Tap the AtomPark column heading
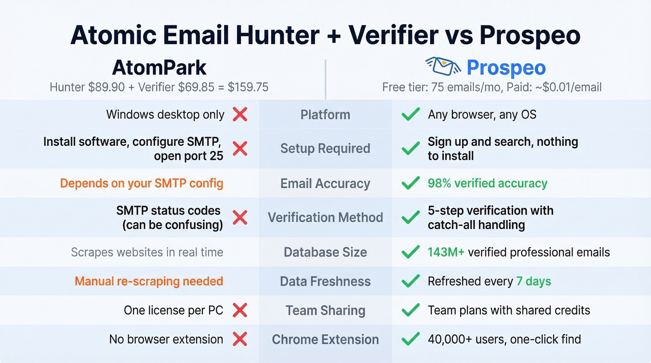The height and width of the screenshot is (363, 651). point(159,68)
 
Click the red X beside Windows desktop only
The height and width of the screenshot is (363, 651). point(239,114)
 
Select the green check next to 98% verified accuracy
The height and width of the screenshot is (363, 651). point(411,183)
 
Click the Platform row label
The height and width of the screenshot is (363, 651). point(325,114)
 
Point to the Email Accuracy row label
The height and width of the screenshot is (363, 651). point(325,184)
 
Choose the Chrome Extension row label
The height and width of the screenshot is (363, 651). point(325,339)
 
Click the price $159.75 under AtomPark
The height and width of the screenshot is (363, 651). point(248,87)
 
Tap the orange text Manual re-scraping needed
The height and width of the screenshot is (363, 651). point(149,281)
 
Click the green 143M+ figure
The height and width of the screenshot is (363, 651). point(446,252)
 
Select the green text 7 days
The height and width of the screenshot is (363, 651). point(533,281)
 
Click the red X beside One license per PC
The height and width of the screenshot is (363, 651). point(239,310)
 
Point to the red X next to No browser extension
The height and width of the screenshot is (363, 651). point(239,339)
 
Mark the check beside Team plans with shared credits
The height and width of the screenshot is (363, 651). point(411,310)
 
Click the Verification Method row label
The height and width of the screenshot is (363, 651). point(325,218)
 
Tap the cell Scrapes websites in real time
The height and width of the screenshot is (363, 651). point(147,252)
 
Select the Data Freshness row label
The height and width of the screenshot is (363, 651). point(325,281)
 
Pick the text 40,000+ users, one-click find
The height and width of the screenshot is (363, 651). point(504,339)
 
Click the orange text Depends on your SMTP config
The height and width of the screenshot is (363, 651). point(142,183)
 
